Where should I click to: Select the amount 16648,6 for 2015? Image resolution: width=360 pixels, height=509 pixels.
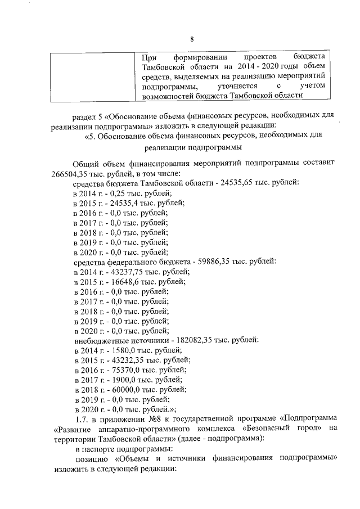click(119, 281)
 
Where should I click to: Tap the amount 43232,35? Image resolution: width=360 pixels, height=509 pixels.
click(121, 360)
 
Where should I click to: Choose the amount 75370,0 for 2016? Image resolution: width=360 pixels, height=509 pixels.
click(119, 370)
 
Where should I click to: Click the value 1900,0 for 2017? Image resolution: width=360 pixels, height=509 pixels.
click(116, 380)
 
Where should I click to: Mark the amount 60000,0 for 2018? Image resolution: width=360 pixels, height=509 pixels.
click(119, 390)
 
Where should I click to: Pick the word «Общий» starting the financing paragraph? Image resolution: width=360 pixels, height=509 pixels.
click(86, 163)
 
